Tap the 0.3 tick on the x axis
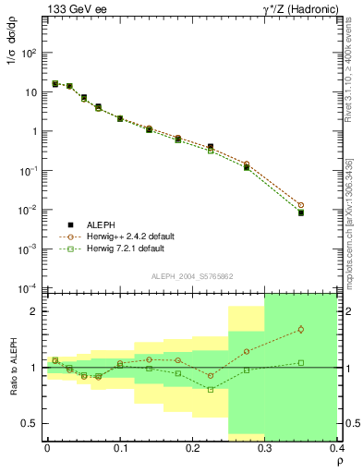[265, 447]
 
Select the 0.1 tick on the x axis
[120, 447]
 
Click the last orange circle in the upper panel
[326, 205]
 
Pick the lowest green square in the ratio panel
[211, 389]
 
